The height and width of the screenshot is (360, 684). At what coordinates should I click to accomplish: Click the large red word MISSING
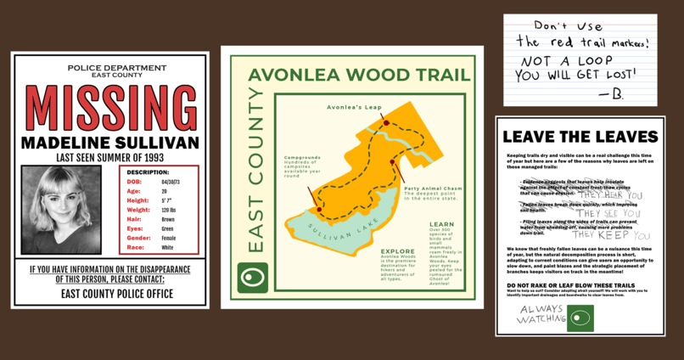click(x=110, y=108)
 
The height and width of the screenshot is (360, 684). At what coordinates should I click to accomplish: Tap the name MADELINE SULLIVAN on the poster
click(x=110, y=142)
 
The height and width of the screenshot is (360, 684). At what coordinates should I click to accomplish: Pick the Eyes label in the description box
click(x=134, y=228)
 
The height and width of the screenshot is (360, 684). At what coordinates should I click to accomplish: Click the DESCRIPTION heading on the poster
click(x=159, y=172)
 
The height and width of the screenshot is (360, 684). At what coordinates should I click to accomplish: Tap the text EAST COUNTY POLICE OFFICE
click(x=110, y=294)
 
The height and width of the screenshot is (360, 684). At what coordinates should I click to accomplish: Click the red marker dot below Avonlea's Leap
click(x=386, y=123)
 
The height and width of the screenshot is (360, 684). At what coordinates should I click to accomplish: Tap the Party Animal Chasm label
click(x=433, y=188)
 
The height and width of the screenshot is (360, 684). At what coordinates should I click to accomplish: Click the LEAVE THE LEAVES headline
click(x=580, y=137)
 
